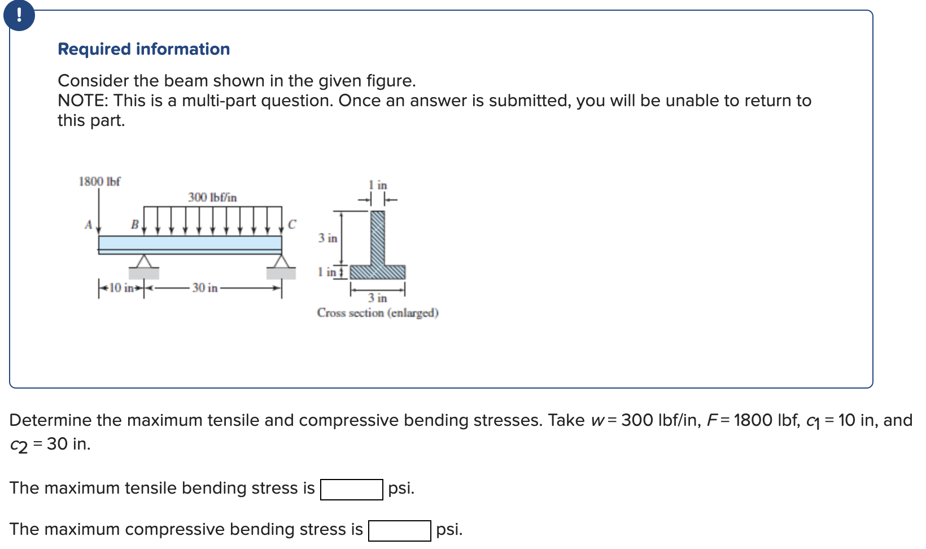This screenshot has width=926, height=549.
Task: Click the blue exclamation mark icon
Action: pos(19,15)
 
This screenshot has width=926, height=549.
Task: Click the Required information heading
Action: pos(144,49)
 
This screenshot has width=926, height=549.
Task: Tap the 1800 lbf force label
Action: pos(99,181)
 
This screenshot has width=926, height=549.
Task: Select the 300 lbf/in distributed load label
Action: pos(212,197)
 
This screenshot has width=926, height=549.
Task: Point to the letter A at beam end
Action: pos(88,225)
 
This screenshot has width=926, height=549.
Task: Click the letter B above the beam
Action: pos(134,225)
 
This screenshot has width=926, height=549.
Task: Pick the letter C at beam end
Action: pos(291,225)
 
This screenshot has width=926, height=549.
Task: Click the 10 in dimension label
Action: pos(121,288)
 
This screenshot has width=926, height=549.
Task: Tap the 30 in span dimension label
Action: pos(204,288)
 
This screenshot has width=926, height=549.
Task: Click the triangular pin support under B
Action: pos(145,262)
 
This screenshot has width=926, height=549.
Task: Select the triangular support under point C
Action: pos(281,262)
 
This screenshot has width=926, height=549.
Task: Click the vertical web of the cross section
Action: pos(377,237)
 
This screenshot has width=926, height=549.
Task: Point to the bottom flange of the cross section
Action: pos(377,272)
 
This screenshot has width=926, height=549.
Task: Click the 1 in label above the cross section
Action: pos(378,185)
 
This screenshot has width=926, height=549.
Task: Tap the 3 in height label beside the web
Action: pos(327,238)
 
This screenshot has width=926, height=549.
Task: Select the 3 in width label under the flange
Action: pos(378,298)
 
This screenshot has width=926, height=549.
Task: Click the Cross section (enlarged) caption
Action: pos(378,313)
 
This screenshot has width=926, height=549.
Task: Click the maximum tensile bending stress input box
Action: pos(351,489)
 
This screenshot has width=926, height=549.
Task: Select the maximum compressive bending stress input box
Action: pos(399,530)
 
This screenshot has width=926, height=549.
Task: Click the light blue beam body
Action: pos(190,243)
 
